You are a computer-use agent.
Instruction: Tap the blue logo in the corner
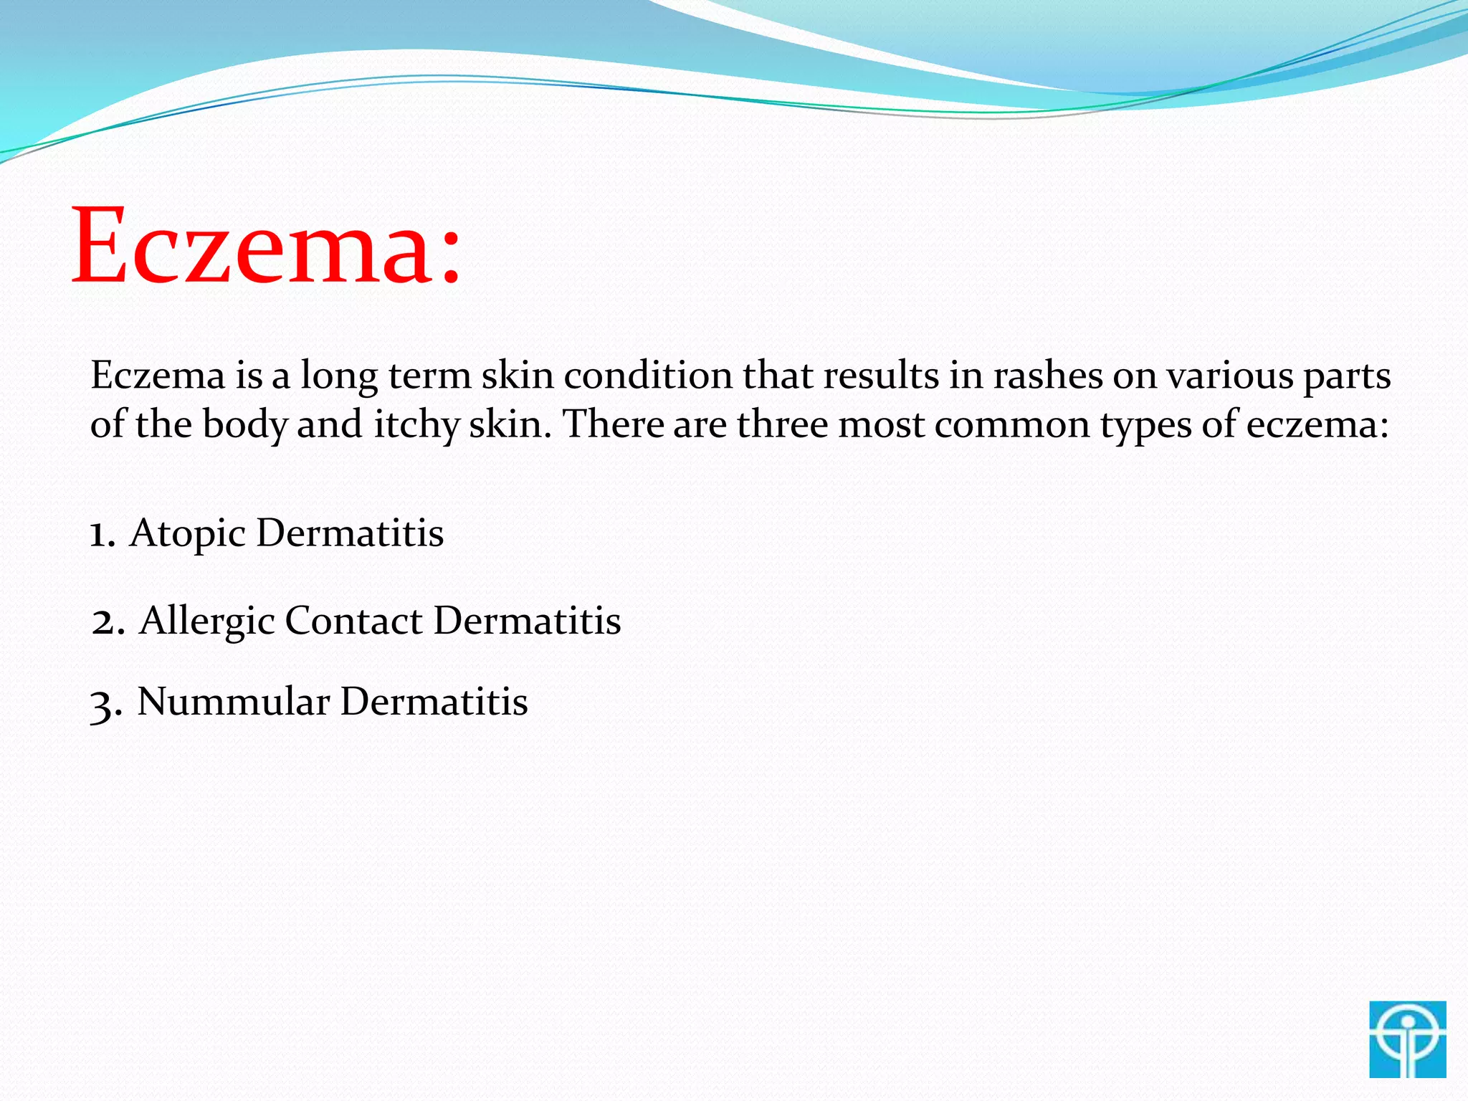pos(1407,1039)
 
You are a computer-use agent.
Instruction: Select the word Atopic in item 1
pos(188,534)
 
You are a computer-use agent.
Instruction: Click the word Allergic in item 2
pos(207,621)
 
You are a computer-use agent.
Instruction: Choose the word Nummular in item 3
pos(234,701)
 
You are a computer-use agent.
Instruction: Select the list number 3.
pos(105,704)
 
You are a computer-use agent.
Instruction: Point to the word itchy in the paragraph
pos(416,425)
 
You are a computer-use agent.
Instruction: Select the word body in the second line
pos(244,425)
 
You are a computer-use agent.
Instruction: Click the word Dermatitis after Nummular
pos(434,701)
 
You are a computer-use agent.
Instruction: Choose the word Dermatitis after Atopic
pos(350,533)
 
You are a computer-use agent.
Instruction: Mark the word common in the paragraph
pos(1012,425)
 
